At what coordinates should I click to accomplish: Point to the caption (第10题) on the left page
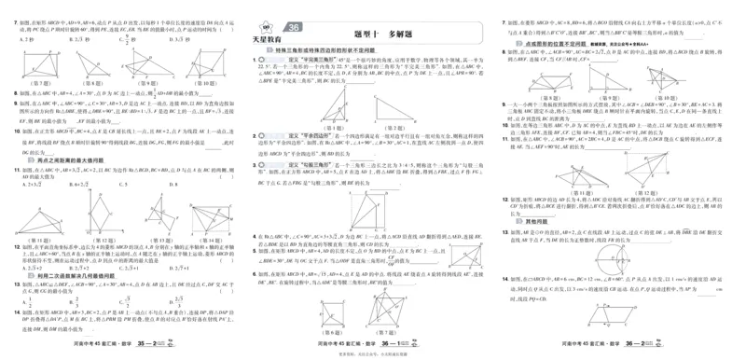(x=207, y=83)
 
